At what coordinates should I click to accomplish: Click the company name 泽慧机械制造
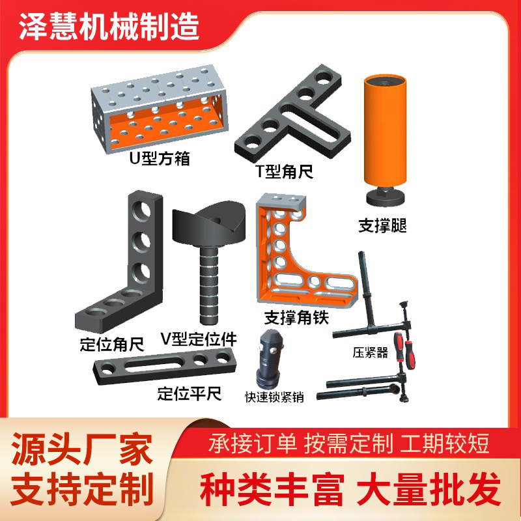pyautogui.click(x=107, y=25)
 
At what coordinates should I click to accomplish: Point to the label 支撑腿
pyautogui.click(x=387, y=226)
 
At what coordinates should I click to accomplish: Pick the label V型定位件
pyautogui.click(x=198, y=339)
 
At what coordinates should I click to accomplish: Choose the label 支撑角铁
pyautogui.click(x=297, y=317)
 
